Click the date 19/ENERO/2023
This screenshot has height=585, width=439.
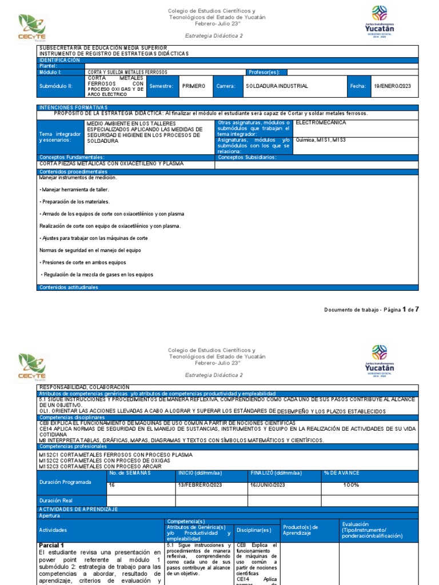(x=392, y=86)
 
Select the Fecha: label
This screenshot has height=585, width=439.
(x=357, y=86)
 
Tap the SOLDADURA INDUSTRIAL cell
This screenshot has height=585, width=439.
(x=277, y=86)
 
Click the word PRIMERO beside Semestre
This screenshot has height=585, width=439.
(x=193, y=86)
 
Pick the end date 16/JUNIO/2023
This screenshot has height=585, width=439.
(x=268, y=485)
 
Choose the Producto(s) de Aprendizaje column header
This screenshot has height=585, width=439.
(x=301, y=530)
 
